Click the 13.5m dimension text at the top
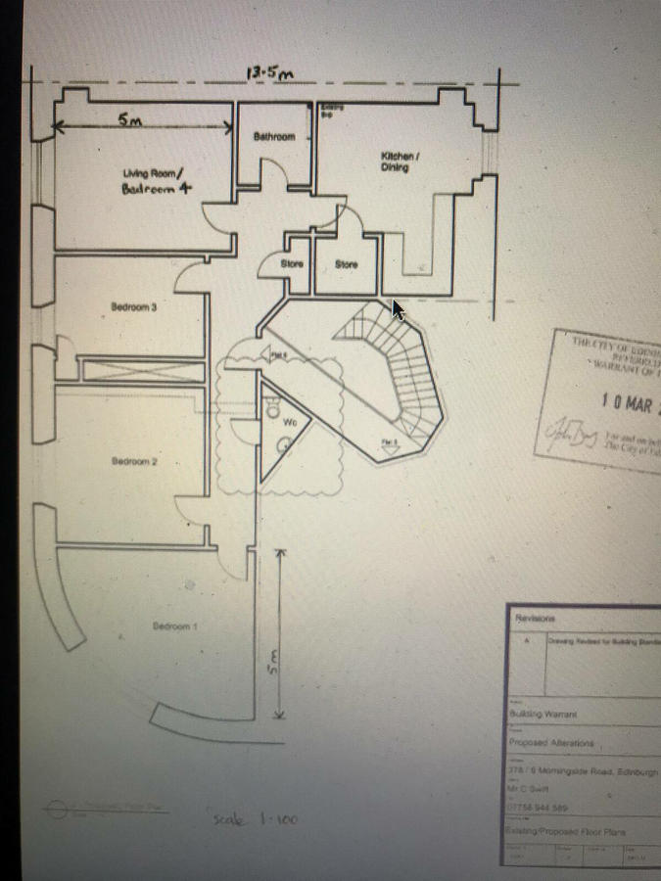click(270, 73)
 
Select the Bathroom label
click(274, 137)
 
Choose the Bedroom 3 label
click(135, 307)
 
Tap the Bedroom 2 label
click(134, 461)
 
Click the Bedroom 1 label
click(175, 626)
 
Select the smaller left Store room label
click(291, 264)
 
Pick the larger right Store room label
click(347, 265)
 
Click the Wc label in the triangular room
click(291, 423)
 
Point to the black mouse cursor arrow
click(398, 309)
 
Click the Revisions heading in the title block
click(535, 620)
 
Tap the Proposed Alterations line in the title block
click(552, 743)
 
